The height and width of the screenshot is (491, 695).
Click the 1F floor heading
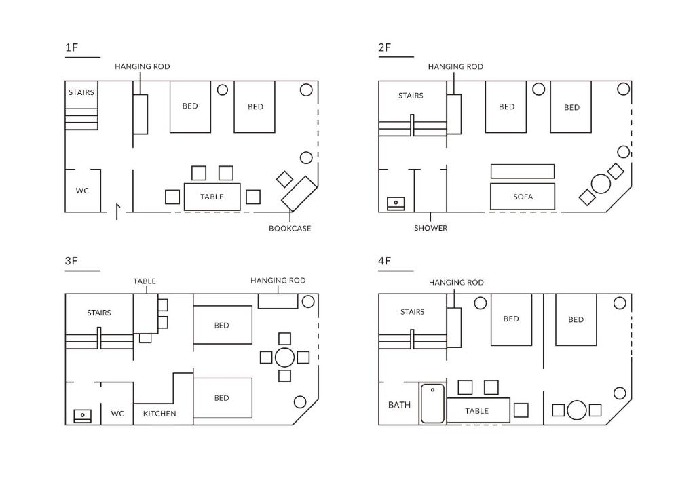point(71,47)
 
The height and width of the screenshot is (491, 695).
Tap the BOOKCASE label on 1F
point(290,229)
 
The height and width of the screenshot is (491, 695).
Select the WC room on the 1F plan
point(83,191)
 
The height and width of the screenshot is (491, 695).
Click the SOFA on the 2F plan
point(523,197)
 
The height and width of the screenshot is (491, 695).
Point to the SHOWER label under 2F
point(431,228)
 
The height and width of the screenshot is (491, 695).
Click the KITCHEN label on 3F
point(159,414)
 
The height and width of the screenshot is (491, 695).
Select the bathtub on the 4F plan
point(432,404)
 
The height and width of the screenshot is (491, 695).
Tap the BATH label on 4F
point(399,405)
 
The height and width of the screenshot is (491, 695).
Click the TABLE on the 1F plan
point(212,197)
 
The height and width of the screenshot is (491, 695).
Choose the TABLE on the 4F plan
point(478,410)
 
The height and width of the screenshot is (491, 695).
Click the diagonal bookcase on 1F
point(299,193)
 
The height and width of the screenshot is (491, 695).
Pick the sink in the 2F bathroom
point(396,203)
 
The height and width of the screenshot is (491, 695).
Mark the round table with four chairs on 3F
point(284,357)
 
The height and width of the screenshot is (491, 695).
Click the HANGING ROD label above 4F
point(456,283)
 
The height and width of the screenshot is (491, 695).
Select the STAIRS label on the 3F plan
point(99,313)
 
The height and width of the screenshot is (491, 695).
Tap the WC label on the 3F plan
point(117,414)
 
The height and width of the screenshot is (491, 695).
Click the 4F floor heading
point(384,261)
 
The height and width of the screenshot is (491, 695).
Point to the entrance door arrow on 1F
point(117,212)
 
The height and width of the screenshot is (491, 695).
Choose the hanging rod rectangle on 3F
point(278,301)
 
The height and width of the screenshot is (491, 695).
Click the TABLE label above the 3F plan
point(145,281)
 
